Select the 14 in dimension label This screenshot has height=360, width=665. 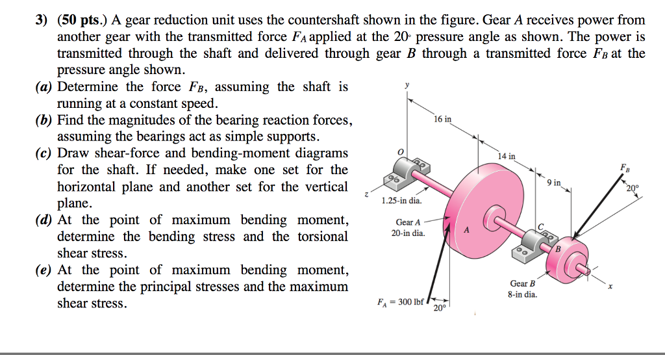(507, 156)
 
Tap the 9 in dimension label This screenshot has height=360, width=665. (554, 183)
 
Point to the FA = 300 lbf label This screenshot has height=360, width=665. (399, 302)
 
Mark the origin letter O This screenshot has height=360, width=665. (401, 151)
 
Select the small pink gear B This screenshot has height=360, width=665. (566, 257)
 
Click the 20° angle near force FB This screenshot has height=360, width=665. (633, 189)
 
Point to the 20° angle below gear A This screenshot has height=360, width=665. (440, 307)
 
